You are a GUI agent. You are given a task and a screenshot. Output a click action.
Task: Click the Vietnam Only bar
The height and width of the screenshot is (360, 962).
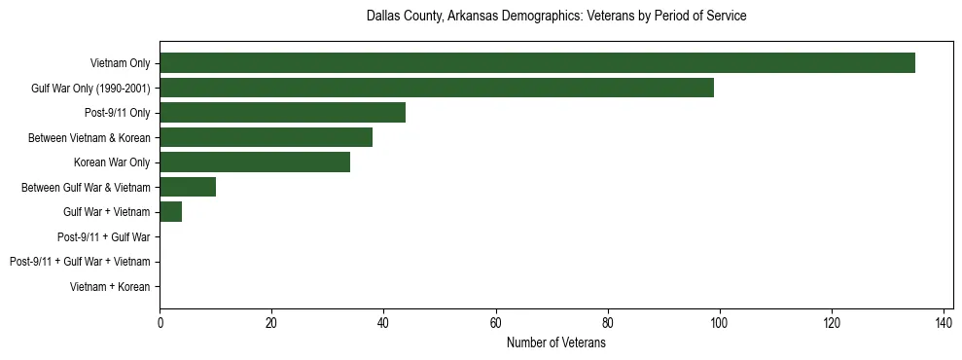537,63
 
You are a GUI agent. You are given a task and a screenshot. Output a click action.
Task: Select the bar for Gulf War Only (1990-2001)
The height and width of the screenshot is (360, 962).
437,88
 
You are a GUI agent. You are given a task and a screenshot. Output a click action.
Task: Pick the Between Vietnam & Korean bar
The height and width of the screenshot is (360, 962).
266,137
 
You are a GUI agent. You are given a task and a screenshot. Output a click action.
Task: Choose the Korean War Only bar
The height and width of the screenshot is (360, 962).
255,162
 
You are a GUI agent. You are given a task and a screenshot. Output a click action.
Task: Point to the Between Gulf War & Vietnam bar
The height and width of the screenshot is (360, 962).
188,187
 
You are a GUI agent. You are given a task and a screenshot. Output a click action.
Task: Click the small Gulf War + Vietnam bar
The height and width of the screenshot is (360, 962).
171,212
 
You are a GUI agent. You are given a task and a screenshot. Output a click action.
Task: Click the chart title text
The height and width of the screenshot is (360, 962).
556,17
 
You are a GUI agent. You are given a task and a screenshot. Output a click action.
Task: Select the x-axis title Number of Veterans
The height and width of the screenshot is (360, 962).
556,343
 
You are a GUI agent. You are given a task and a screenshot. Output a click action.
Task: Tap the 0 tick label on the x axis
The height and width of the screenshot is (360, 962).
160,323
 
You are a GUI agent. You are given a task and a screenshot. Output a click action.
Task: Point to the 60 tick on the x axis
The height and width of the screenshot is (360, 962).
496,323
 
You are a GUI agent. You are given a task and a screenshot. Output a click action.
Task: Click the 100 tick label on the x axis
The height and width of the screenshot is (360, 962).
720,323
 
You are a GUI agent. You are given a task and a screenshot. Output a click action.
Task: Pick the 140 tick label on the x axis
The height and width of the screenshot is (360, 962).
944,323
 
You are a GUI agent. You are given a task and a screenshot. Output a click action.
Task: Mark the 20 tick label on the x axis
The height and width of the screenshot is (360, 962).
271,323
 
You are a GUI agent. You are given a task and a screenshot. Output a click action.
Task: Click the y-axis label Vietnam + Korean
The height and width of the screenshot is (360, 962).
110,287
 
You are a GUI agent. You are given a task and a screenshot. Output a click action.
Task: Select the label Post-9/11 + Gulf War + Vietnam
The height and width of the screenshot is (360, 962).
80,262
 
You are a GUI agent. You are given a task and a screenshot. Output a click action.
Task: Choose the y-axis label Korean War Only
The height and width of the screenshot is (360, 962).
112,162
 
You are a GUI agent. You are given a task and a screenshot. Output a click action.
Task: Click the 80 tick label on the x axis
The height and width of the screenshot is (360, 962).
608,323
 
